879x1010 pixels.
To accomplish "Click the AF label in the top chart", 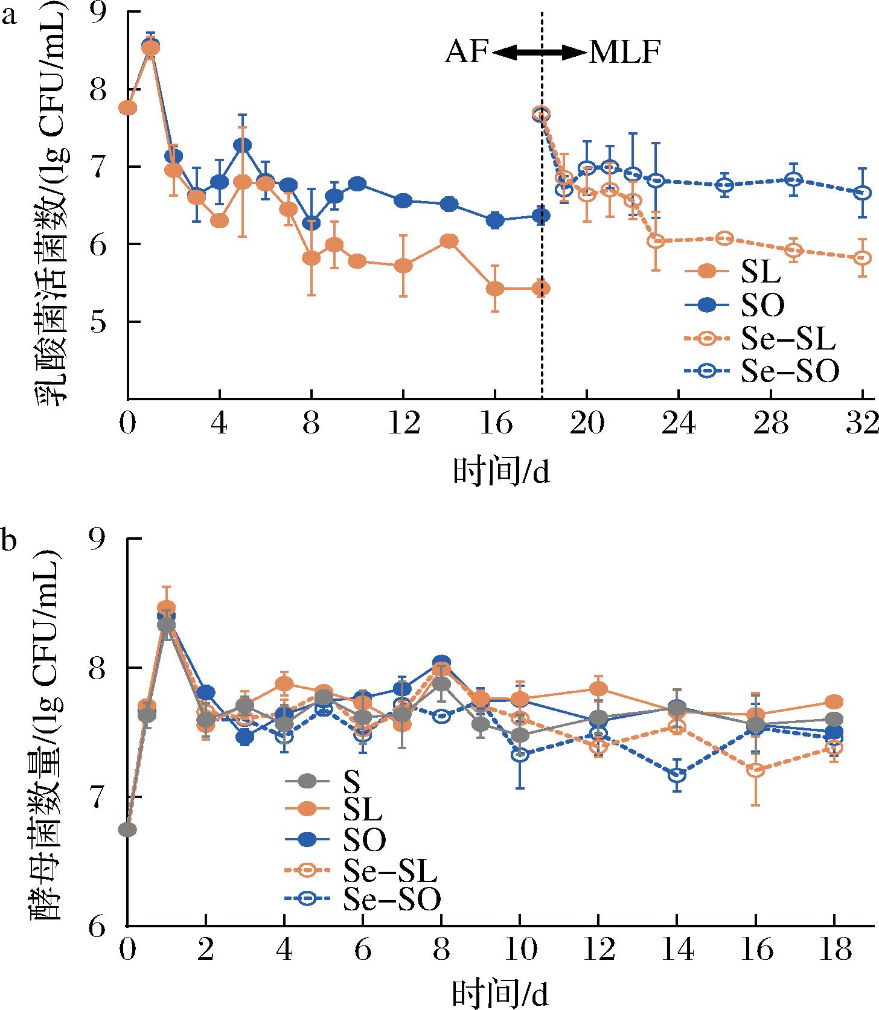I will [x=466, y=53].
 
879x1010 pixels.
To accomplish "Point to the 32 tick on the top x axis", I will [x=863, y=426].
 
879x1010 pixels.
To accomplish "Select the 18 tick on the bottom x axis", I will [x=834, y=951].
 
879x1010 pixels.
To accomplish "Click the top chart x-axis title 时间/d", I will [x=501, y=473].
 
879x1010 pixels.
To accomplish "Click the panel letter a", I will [x=8, y=14].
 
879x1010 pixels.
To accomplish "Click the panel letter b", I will [x=8, y=541].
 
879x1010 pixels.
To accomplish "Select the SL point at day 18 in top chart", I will [x=541, y=289].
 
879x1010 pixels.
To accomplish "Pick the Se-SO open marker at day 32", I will [x=863, y=193].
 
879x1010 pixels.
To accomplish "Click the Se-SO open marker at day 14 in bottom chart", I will [x=677, y=775].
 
